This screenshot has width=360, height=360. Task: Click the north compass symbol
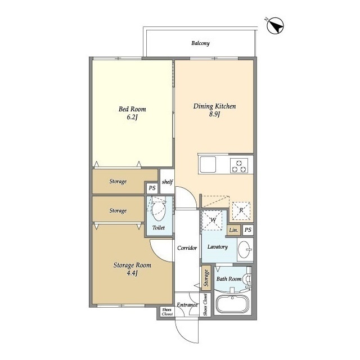point(275,26)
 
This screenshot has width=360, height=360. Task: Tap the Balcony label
point(200,43)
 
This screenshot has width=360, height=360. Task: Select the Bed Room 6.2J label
point(132,112)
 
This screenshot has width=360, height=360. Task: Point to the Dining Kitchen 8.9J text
point(214,110)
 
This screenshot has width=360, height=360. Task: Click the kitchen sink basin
point(208,164)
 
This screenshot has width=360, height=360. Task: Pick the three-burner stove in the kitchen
point(239,166)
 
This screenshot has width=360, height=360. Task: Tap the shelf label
point(168,182)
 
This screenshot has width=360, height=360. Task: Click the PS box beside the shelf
point(152,188)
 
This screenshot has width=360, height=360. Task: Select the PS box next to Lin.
point(248,229)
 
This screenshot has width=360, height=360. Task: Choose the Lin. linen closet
point(234,230)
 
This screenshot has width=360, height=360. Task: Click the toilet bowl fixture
point(159,209)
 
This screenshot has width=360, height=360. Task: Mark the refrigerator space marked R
point(241,211)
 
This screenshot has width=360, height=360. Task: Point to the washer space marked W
point(213,220)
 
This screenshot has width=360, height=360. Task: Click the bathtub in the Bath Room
point(232,304)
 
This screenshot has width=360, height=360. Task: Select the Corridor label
point(187,247)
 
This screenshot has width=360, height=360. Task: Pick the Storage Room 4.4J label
point(132,269)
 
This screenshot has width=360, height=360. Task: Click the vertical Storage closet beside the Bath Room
point(206,277)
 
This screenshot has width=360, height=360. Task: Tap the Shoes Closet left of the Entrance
point(166,312)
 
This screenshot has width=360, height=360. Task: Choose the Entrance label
point(187,305)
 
